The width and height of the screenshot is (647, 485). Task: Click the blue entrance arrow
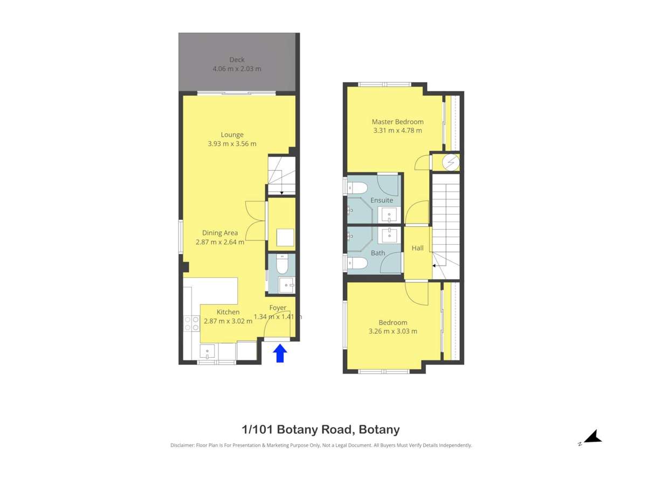coord(280,354)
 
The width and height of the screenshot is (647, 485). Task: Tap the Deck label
coord(237,60)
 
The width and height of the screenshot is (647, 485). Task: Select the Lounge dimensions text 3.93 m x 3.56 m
coord(232,144)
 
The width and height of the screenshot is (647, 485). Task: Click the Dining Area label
coord(219,233)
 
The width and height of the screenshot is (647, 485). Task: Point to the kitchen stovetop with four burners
coord(191,323)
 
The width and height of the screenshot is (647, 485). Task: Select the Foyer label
coord(278,308)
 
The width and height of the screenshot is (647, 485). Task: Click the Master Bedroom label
coord(397,122)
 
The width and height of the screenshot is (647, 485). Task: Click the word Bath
coord(378,252)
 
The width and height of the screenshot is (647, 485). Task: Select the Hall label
coord(417,248)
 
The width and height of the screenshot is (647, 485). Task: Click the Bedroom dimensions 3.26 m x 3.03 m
coord(393,331)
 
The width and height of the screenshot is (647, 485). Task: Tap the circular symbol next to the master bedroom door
coord(451,161)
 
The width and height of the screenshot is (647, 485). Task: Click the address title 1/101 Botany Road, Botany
coord(320,429)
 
